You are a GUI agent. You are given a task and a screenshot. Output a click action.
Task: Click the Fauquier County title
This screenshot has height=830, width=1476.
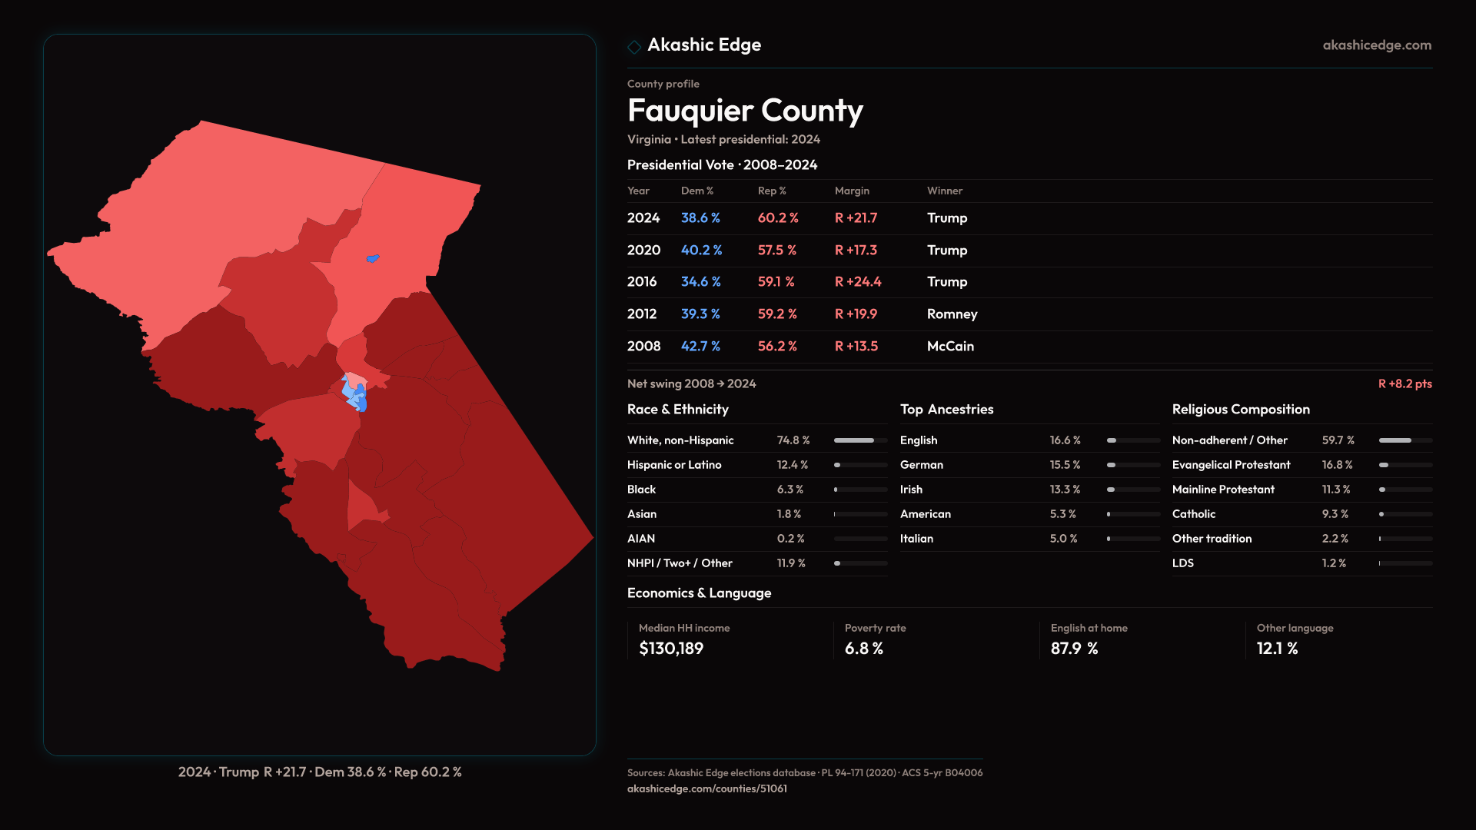point(745,111)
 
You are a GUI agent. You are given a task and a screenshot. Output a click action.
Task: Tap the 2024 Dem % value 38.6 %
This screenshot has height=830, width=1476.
point(700,218)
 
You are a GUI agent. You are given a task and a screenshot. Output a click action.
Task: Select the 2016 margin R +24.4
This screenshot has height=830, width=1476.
point(858,282)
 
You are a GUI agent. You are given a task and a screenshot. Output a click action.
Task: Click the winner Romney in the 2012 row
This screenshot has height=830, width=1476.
point(952,314)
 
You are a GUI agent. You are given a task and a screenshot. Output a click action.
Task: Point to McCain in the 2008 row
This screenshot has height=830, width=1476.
point(950,347)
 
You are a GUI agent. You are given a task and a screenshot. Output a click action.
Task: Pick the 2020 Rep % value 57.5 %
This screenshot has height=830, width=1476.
point(776,251)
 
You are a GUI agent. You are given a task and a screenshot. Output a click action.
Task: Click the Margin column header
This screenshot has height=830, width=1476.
point(852,191)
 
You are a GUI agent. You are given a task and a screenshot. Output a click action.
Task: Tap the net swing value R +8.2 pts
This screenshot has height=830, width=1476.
point(1405,383)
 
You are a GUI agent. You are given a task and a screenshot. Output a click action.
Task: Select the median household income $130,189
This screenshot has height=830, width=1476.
point(671,649)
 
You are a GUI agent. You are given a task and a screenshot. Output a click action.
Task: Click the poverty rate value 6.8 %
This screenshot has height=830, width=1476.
point(864,649)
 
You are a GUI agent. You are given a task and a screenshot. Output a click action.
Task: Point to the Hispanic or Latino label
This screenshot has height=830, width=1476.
point(674,465)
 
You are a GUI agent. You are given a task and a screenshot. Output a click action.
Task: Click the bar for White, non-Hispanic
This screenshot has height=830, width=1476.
point(860,440)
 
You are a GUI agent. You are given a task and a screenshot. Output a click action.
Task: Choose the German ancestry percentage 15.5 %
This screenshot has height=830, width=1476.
point(1065,465)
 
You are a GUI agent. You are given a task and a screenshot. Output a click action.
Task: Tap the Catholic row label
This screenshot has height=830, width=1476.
point(1194,514)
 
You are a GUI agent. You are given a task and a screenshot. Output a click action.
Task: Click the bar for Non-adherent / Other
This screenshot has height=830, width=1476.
point(1405,440)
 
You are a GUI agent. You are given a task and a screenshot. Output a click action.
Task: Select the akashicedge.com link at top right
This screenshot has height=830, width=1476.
point(1377,45)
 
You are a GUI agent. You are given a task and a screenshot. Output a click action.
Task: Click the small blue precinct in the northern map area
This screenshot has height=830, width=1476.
point(373,259)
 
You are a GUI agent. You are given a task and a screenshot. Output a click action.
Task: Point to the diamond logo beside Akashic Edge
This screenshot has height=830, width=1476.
point(634,47)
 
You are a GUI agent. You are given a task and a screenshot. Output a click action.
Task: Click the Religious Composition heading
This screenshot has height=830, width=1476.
point(1241,410)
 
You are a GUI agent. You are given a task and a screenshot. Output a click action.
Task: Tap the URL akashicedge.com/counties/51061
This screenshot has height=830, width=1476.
point(706,788)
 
